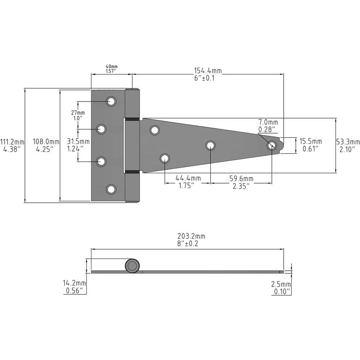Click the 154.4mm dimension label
point(208,71)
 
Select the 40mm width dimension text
point(112,67)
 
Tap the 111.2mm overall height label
point(12,142)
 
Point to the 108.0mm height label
point(46,142)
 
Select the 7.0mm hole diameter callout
point(268,123)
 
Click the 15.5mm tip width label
point(311,141)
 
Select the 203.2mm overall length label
point(191,237)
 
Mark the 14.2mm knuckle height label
point(74,283)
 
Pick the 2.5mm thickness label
point(281,284)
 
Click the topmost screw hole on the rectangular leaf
point(111,102)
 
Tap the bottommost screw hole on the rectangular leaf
point(111,189)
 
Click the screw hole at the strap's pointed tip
point(272,146)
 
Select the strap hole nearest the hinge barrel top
point(155,130)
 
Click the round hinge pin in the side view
point(132,266)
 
